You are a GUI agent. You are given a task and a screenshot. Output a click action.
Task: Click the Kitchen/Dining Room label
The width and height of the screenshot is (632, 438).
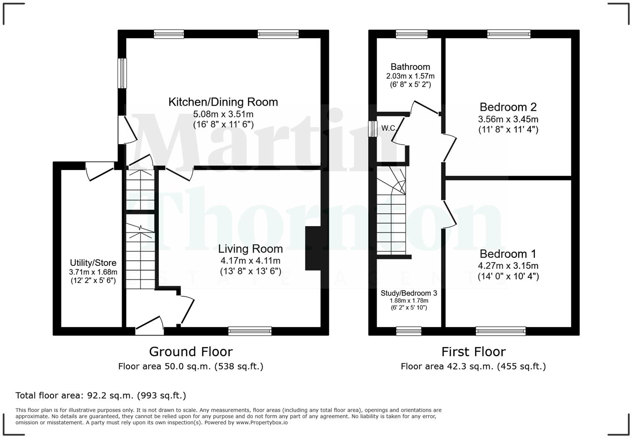pyautogui.click(x=223, y=102)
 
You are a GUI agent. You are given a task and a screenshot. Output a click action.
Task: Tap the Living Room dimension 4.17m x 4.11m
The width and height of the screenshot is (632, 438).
pyautogui.click(x=250, y=261)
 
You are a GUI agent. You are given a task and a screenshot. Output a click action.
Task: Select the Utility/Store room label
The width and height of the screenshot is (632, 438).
pyautogui.click(x=93, y=263)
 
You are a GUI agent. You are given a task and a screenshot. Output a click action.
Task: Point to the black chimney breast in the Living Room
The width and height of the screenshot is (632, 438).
pyautogui.click(x=313, y=248)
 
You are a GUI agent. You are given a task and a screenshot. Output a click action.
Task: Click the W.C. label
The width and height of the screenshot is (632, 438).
pyautogui.click(x=388, y=128)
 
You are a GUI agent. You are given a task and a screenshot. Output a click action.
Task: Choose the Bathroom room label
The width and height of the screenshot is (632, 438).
pyautogui.click(x=410, y=67)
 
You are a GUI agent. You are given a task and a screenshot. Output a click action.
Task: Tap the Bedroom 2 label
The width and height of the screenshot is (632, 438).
pyautogui.click(x=508, y=107)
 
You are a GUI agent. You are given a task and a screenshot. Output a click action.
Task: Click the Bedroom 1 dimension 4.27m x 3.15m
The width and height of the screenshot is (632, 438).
pyautogui.click(x=508, y=266)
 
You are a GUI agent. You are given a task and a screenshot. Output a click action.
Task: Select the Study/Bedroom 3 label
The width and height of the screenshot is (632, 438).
pyautogui.click(x=408, y=293)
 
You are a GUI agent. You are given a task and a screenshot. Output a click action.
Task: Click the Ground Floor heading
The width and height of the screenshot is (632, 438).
pyautogui.click(x=191, y=351)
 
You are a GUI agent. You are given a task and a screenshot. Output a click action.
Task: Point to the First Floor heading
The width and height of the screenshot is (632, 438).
pyautogui.click(x=473, y=351)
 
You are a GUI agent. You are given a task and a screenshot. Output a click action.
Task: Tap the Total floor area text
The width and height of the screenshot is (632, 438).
pyautogui.click(x=101, y=395)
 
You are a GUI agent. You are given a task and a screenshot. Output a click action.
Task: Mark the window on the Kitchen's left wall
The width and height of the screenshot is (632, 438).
pyautogui.click(x=122, y=73)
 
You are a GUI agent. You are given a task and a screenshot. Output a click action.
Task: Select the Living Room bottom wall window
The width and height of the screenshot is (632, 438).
pyautogui.click(x=250, y=331)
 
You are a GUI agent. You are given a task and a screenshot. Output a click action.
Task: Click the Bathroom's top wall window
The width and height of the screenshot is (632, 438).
pyautogui.click(x=412, y=34)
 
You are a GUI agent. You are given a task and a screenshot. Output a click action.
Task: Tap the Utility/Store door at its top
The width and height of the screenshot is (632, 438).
pyautogui.click(x=99, y=171)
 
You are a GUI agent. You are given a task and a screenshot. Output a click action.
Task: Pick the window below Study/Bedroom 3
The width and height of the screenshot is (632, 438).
pyautogui.click(x=408, y=331)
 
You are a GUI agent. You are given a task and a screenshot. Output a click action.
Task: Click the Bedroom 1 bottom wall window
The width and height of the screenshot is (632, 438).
pyautogui.click(x=500, y=331)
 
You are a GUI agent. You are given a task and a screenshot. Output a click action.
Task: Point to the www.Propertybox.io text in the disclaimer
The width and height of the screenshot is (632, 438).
pyautogui.click(x=262, y=423)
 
